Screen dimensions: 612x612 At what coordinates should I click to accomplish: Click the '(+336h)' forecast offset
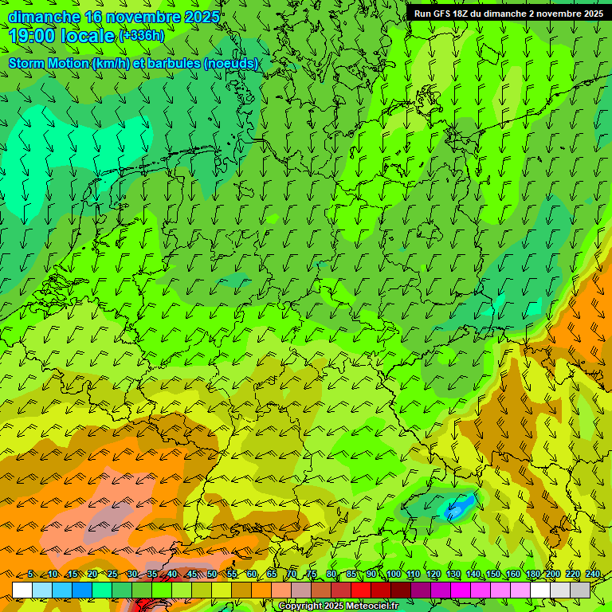142,35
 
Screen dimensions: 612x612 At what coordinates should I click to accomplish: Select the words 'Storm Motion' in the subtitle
48,64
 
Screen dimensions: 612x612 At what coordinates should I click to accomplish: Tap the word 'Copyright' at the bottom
300,606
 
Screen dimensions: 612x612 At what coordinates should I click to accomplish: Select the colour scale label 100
393,575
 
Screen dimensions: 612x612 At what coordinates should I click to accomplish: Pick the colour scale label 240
593,575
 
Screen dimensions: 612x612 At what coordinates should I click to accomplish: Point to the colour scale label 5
31,575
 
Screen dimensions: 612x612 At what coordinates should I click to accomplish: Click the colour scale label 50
212,575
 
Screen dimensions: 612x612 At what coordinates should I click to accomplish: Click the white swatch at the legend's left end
22,590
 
